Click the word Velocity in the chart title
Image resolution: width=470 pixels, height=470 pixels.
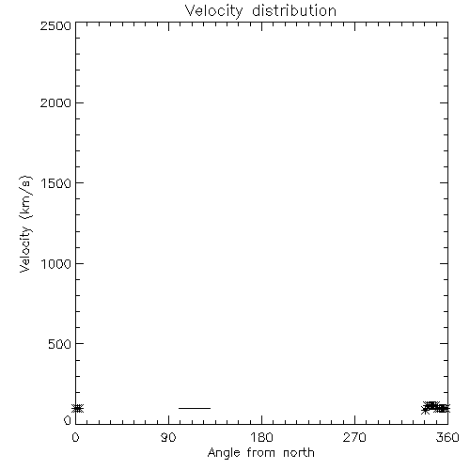(x=213, y=11)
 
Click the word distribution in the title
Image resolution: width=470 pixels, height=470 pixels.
(x=294, y=10)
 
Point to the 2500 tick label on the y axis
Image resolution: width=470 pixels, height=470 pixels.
(x=55, y=26)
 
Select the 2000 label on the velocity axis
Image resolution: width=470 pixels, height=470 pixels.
(x=55, y=102)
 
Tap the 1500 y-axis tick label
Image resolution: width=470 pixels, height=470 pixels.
(x=56, y=183)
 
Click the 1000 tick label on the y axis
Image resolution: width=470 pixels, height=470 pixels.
(x=56, y=264)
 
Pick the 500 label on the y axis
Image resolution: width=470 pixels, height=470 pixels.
(x=60, y=344)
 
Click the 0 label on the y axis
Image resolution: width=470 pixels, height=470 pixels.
(x=68, y=420)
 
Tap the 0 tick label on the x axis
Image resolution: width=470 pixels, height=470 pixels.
(x=75, y=437)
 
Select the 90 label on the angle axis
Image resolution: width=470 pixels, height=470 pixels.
(x=168, y=437)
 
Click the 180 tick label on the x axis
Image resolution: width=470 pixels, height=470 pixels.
(x=261, y=437)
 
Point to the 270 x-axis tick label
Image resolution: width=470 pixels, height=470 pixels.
(x=354, y=437)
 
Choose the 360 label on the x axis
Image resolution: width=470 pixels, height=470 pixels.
(x=447, y=437)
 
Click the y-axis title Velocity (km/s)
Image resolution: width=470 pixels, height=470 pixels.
(x=25, y=224)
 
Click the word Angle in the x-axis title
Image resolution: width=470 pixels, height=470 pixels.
(x=224, y=454)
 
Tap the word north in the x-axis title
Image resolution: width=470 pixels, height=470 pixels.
(x=299, y=453)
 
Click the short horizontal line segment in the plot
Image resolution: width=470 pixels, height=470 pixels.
(x=195, y=408)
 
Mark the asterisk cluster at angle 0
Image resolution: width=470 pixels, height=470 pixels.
(x=78, y=408)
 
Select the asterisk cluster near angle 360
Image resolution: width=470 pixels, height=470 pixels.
(x=435, y=408)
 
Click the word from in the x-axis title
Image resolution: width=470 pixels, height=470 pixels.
(x=261, y=453)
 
